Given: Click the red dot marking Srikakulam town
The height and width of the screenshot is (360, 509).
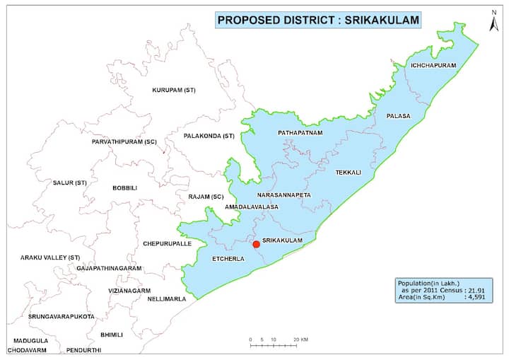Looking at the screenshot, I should pyautogui.click(x=256, y=245).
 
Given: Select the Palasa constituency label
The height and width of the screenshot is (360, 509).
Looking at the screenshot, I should pyautogui.click(x=398, y=115).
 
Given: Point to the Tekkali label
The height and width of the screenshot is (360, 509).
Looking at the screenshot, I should pyautogui.click(x=348, y=172).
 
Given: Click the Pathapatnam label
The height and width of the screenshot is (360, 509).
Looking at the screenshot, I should pyautogui.click(x=300, y=132).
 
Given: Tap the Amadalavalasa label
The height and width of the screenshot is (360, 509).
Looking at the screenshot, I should pyautogui.click(x=252, y=207).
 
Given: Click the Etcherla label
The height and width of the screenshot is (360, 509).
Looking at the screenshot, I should pyautogui.click(x=228, y=260).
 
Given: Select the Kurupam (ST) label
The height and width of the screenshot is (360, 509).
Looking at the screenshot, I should pyautogui.click(x=174, y=91).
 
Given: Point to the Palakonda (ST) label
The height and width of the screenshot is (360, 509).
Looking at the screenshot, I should pyautogui.click(x=209, y=135).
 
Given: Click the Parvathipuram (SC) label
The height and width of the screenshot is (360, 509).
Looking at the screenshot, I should pyautogui.click(x=124, y=142).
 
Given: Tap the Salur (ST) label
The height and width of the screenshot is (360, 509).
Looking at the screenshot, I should pyautogui.click(x=70, y=182).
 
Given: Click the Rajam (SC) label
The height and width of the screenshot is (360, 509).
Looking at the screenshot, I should pyautogui.click(x=206, y=196).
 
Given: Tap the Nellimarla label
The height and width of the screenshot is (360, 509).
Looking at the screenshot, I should pyautogui.click(x=167, y=298).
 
